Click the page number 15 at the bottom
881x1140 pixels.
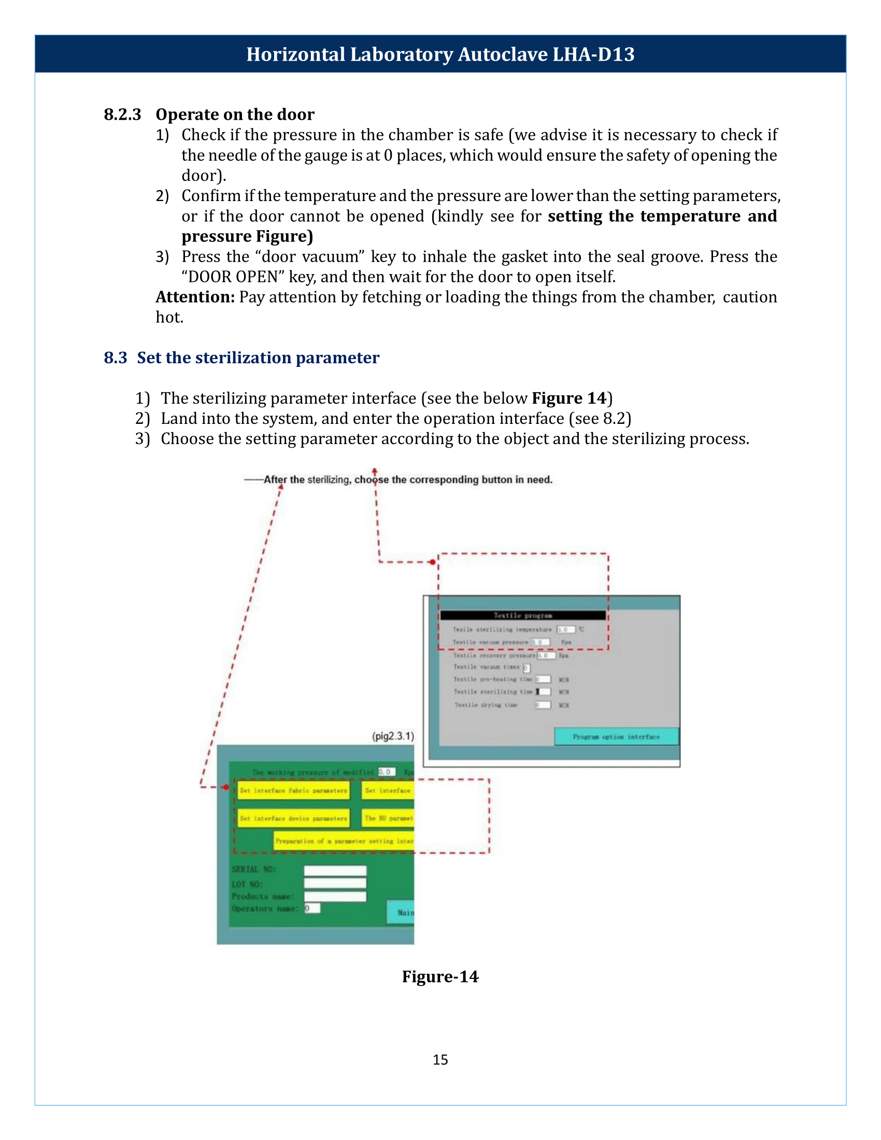[x=440, y=1059]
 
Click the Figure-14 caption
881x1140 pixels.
[x=440, y=976]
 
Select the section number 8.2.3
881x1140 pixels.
[x=122, y=115]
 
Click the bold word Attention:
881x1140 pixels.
[x=195, y=297]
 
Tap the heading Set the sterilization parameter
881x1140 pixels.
[x=258, y=358]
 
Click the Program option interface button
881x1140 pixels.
[x=616, y=736]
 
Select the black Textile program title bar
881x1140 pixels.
[x=523, y=616]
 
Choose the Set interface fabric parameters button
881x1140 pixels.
[x=293, y=790]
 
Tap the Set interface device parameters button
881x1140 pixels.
[x=293, y=818]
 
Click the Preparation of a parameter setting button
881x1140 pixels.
[x=344, y=841]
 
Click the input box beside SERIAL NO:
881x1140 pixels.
[x=335, y=870]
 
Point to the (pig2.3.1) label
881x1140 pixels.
[x=393, y=736]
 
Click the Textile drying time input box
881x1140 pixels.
[x=543, y=705]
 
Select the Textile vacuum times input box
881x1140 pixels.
[x=526, y=667]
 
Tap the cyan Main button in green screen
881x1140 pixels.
[x=401, y=912]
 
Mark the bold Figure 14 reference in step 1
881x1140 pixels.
[x=569, y=398]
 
